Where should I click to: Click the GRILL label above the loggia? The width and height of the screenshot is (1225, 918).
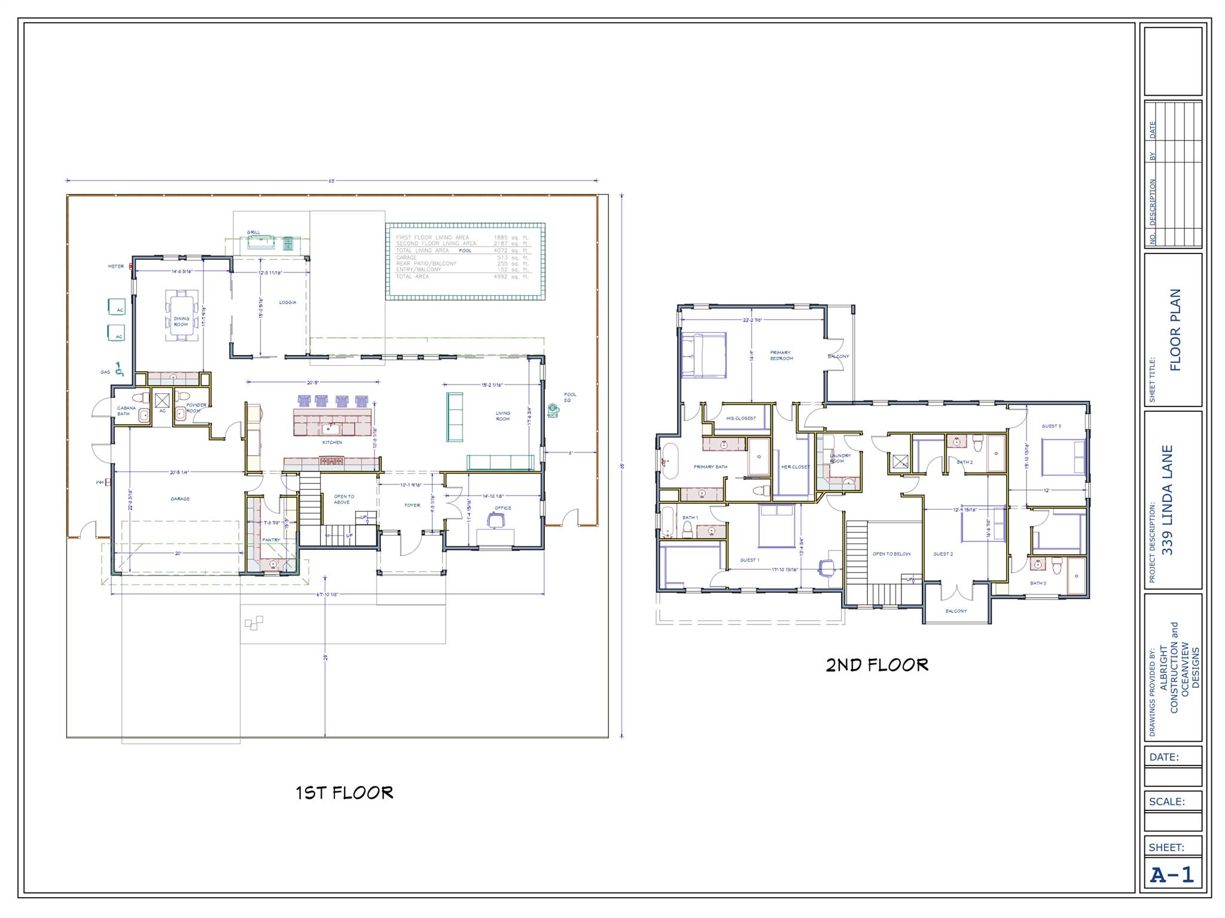(254, 232)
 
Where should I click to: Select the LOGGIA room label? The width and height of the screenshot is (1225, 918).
(288, 302)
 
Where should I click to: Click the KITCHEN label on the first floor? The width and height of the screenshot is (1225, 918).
(332, 442)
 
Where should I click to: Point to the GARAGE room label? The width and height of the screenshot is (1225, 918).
(180, 498)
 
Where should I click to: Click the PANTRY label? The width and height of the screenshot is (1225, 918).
(271, 540)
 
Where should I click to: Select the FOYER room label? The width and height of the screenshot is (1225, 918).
(412, 505)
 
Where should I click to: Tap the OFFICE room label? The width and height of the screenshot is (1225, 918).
(502, 508)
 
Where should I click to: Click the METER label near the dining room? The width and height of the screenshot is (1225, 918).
(116, 267)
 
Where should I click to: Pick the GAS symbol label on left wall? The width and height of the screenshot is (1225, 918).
(105, 372)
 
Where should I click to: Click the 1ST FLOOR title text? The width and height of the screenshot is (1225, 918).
(345, 792)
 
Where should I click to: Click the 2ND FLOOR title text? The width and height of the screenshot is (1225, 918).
(877, 665)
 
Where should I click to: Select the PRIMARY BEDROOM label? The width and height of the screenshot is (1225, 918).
(781, 355)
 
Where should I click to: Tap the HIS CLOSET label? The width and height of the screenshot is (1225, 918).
(741, 418)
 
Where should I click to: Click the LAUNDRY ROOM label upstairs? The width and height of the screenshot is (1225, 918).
(840, 458)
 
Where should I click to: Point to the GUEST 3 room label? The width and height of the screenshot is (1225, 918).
(1051, 426)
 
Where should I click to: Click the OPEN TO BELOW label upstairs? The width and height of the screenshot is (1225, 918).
(891, 554)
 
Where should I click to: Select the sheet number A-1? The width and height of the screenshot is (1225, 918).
(1172, 875)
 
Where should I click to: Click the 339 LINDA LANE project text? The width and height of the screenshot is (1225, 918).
(1167, 500)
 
